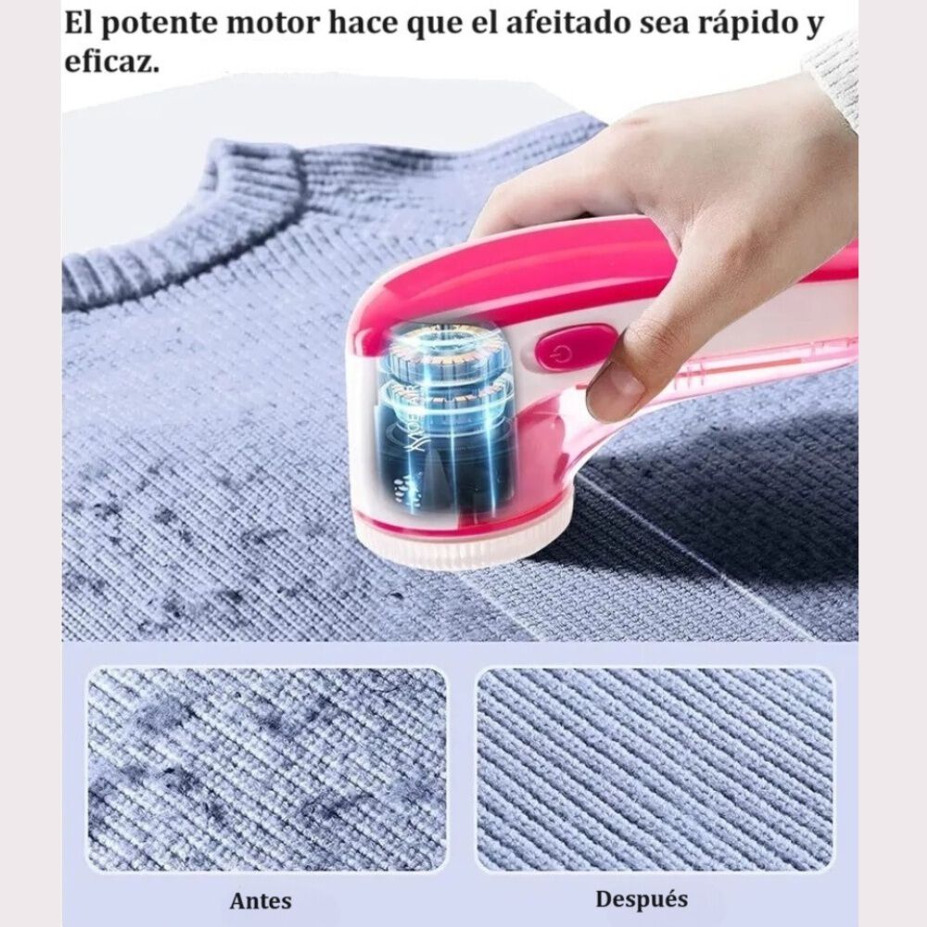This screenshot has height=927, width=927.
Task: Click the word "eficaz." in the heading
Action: (112, 64)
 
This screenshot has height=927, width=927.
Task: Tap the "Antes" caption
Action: (260, 900)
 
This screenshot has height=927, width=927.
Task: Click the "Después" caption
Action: (641, 898)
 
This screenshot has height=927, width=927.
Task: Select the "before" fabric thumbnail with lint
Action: (267, 769)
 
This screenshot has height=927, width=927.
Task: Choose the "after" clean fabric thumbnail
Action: (654, 769)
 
